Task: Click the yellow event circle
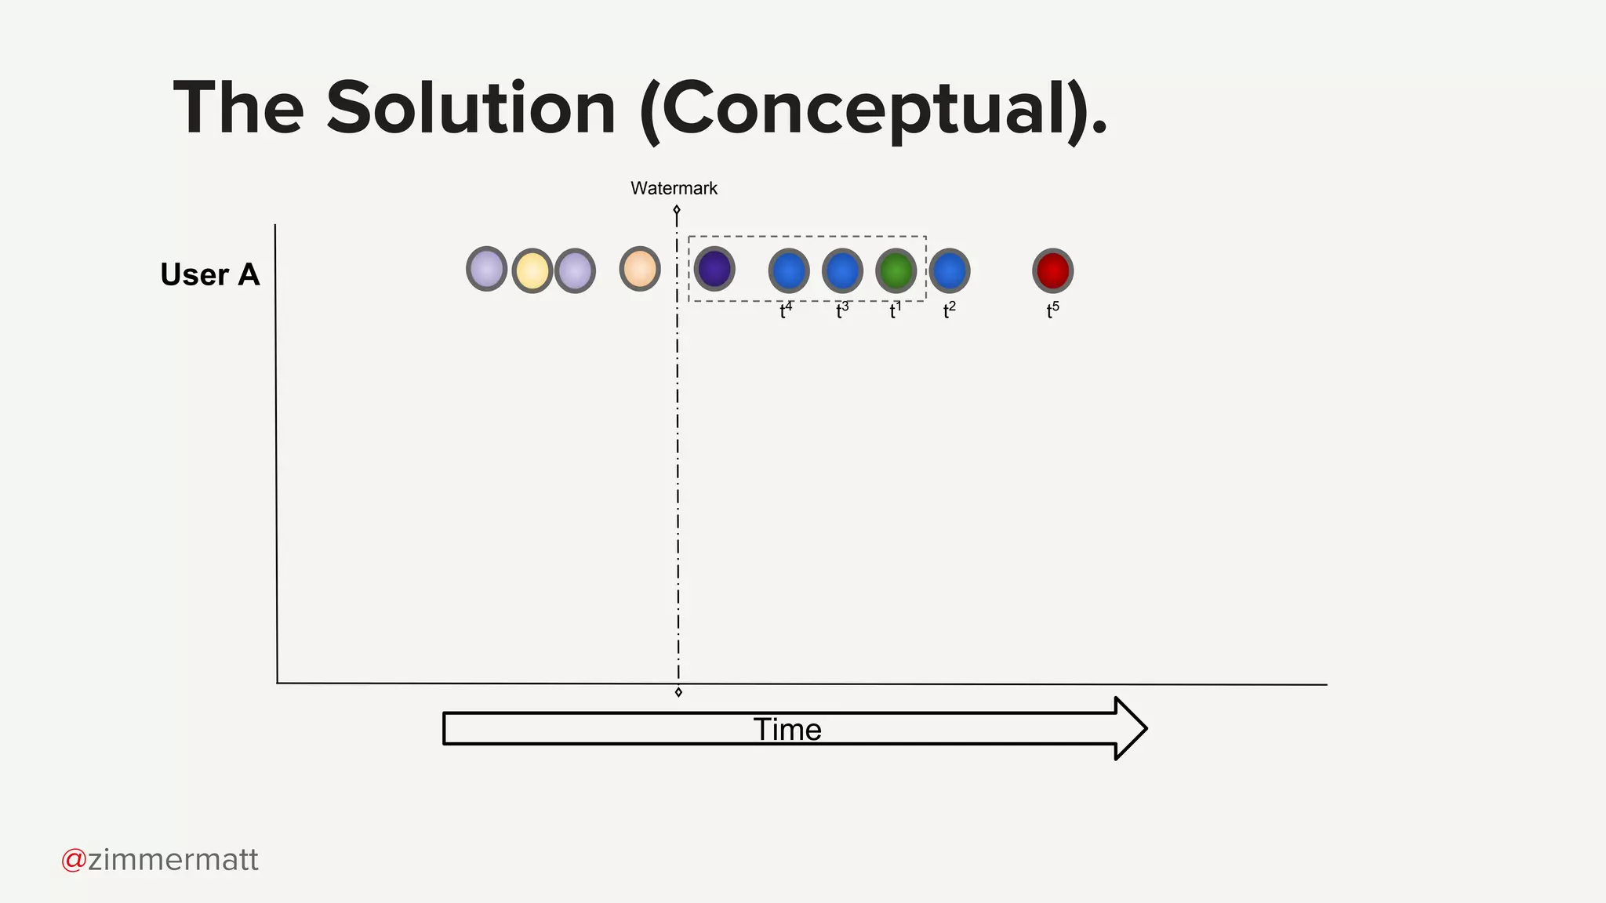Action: (x=532, y=270)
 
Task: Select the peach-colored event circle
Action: (x=640, y=269)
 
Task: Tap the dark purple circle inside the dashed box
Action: (x=714, y=269)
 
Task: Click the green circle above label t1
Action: (x=896, y=270)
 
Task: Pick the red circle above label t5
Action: (x=1052, y=270)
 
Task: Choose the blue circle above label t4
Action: (x=789, y=270)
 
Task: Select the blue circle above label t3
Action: (x=842, y=270)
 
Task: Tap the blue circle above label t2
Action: (x=949, y=270)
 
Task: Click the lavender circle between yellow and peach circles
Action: (x=575, y=270)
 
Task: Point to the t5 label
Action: (x=1052, y=310)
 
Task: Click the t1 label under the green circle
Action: (x=895, y=310)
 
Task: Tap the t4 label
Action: (x=786, y=310)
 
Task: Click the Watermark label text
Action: (x=674, y=188)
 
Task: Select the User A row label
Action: (x=209, y=274)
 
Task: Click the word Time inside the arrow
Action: (x=787, y=729)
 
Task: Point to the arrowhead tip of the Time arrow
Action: (x=1145, y=728)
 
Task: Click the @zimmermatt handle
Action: (x=160, y=860)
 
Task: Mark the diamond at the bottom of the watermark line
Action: (x=678, y=692)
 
